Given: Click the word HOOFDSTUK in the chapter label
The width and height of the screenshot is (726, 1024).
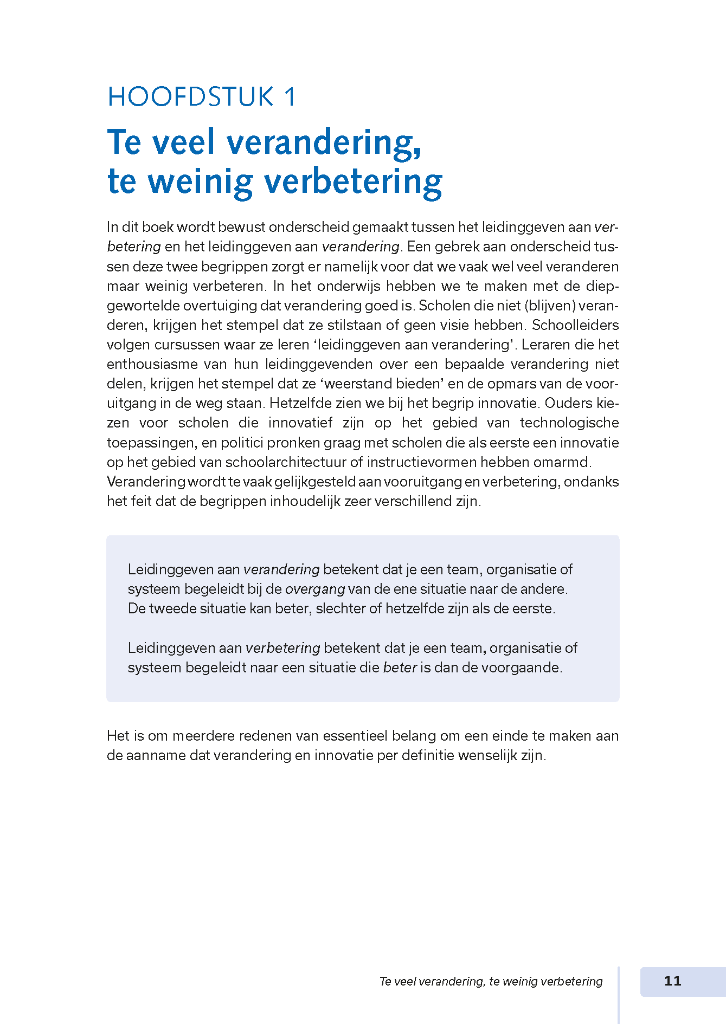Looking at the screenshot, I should click(190, 97).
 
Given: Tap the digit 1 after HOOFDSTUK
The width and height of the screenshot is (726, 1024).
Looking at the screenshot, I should click(290, 97).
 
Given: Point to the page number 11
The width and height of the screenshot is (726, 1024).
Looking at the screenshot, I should click(672, 981).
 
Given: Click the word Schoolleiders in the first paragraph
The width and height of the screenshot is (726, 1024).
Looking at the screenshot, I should click(575, 325).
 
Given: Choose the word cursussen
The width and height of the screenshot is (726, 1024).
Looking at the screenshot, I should click(184, 345).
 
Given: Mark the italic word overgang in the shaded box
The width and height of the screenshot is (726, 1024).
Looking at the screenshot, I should click(315, 589).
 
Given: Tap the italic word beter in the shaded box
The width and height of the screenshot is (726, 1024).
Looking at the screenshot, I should click(400, 667).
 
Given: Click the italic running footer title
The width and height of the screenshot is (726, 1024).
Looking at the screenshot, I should click(491, 981).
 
